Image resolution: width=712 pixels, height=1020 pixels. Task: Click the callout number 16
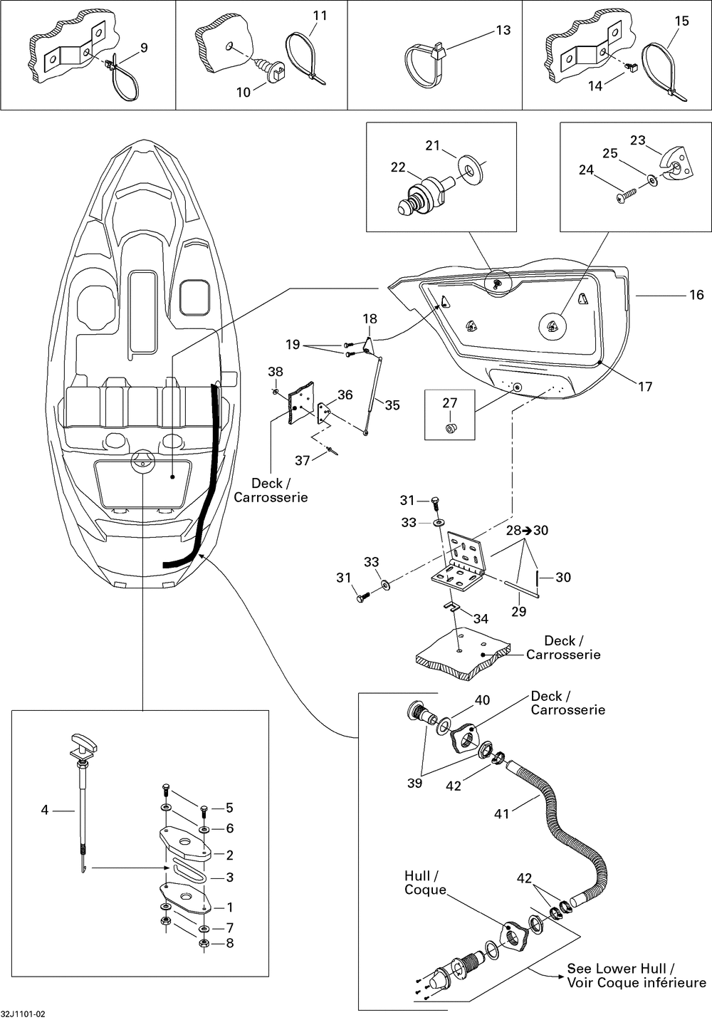click(696, 295)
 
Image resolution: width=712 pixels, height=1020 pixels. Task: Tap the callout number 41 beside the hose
click(502, 813)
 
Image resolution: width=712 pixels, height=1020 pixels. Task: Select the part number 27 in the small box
click(450, 402)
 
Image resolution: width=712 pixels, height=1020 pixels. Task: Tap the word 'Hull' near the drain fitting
click(417, 875)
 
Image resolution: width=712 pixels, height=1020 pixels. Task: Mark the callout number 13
click(503, 30)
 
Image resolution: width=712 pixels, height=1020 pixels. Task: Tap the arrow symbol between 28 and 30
click(528, 531)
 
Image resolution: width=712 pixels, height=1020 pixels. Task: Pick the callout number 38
click(276, 372)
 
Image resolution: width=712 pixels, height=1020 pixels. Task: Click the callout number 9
click(144, 48)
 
